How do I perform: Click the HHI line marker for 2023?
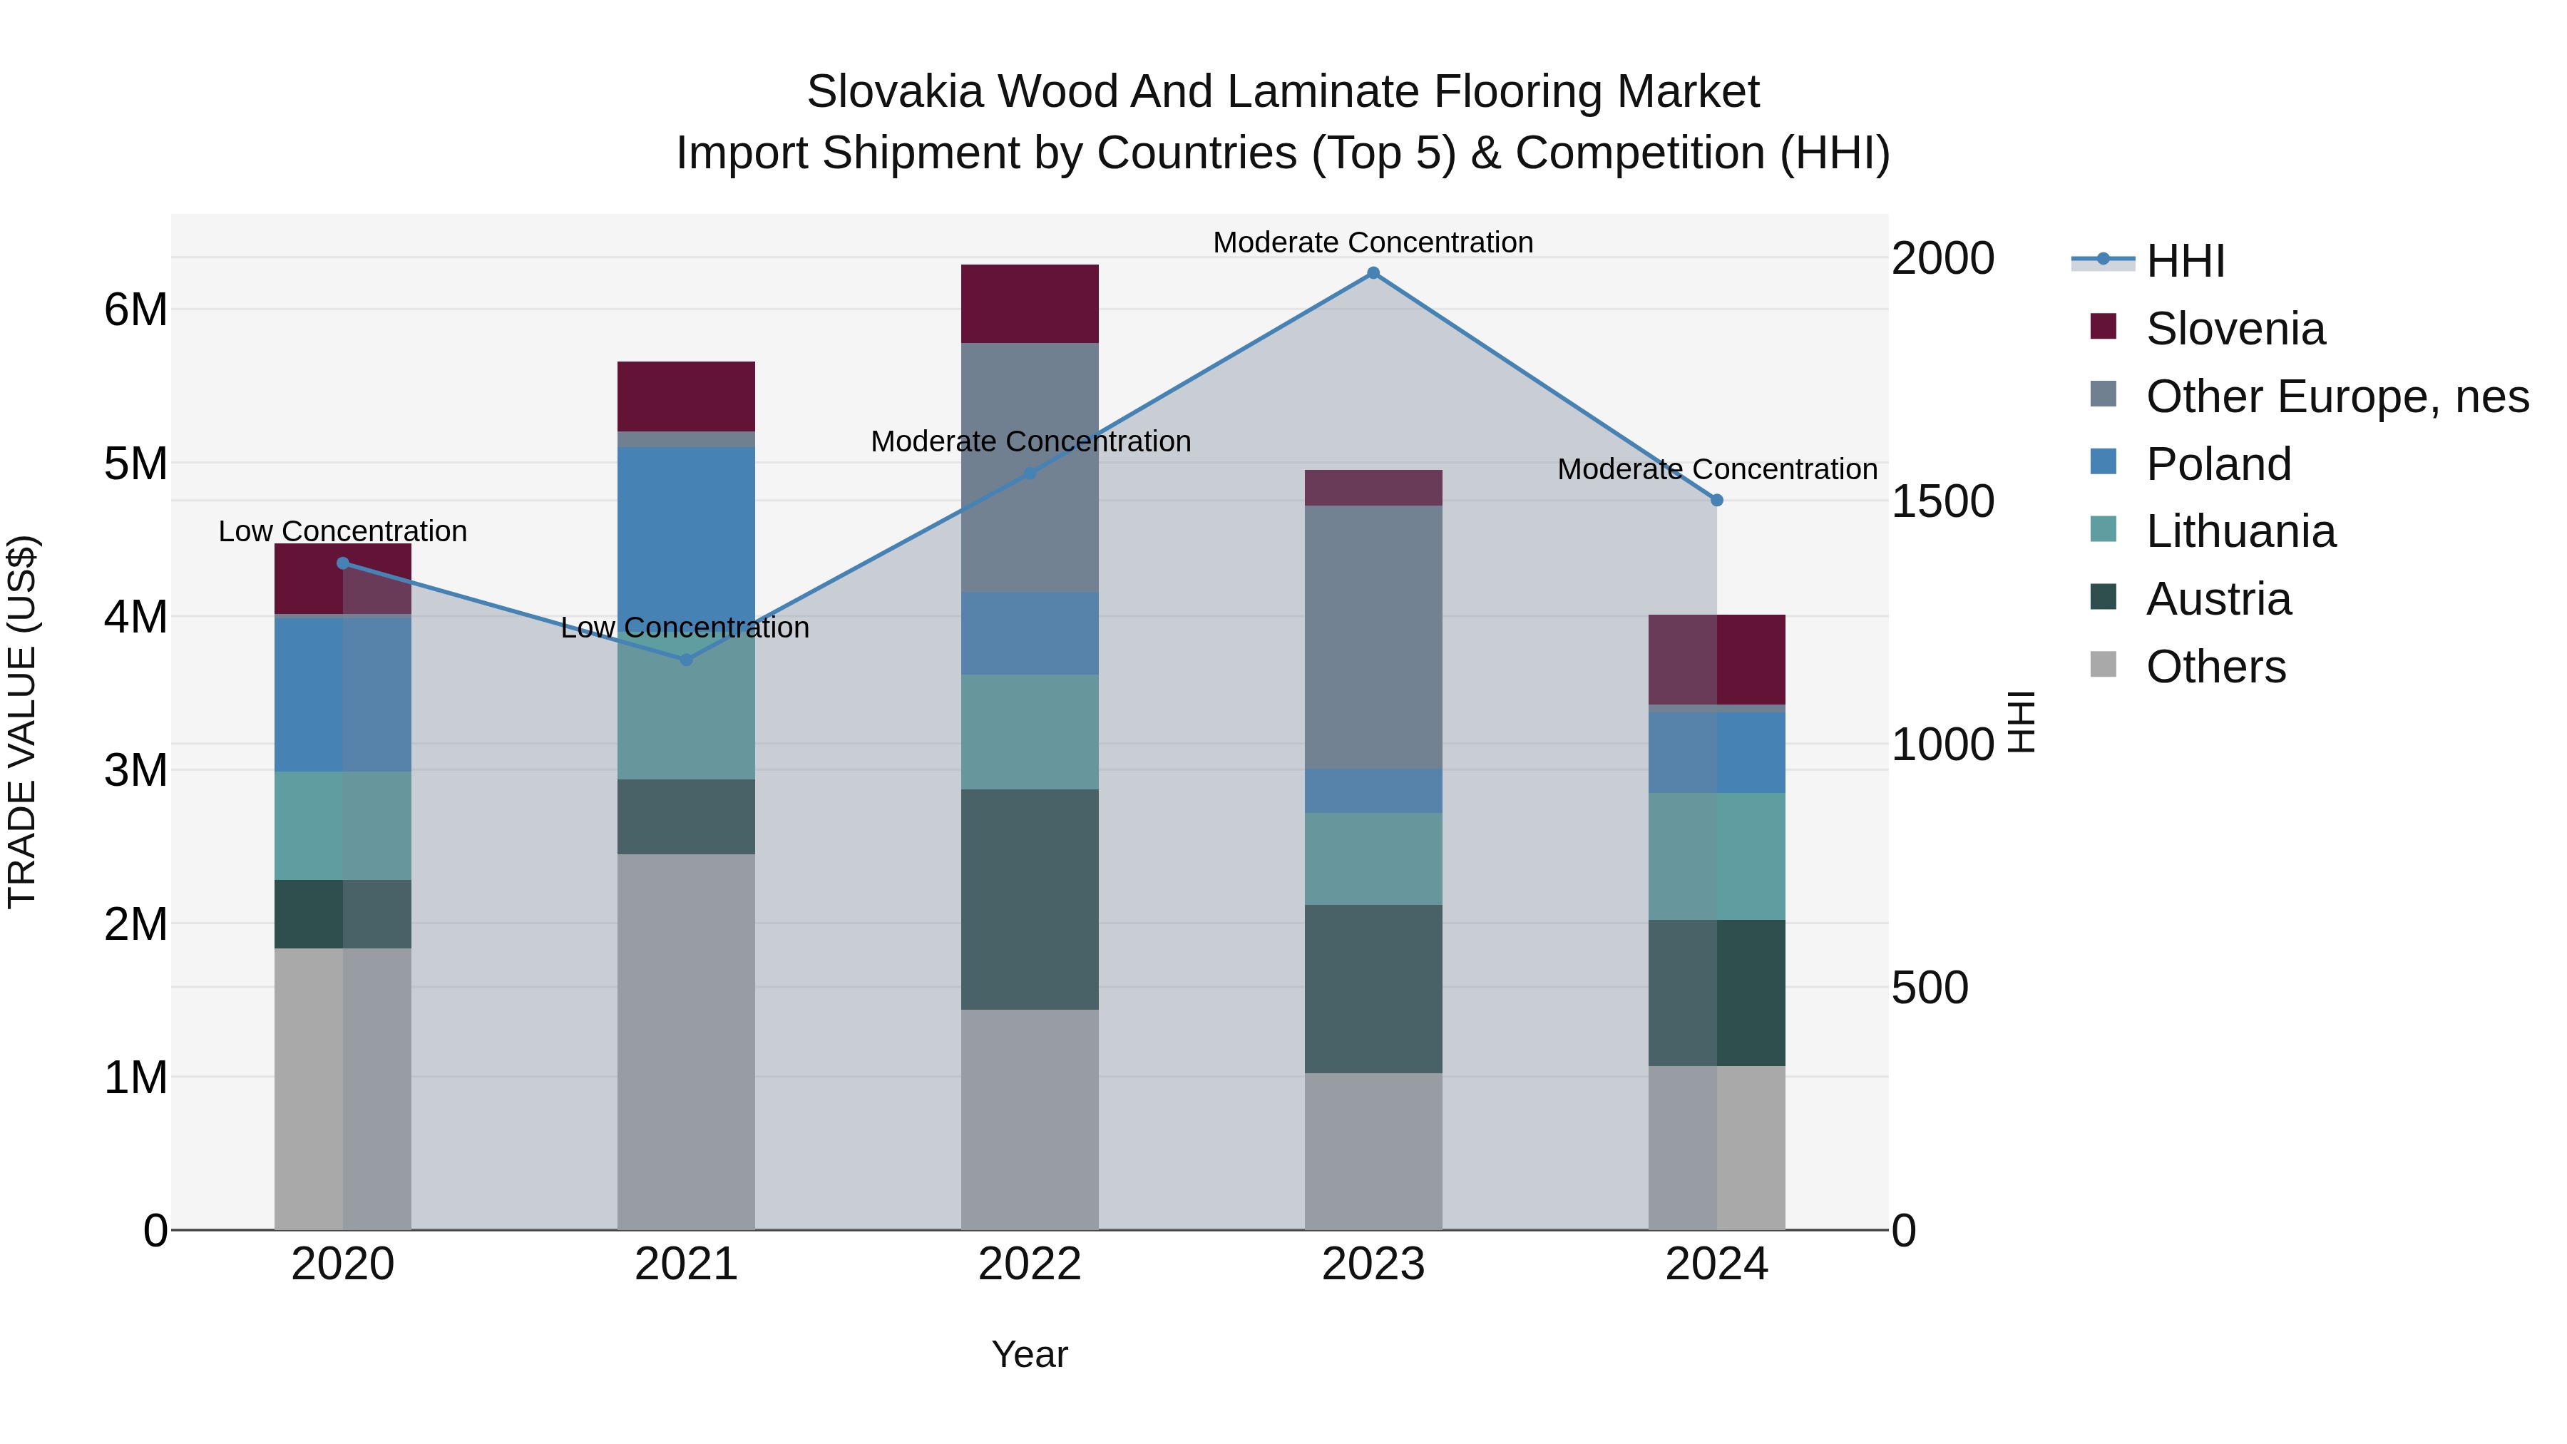coord(1373,273)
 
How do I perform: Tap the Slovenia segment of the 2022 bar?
coord(1030,304)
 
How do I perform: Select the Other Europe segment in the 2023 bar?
coord(1373,637)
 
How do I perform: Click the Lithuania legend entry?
coord(2240,531)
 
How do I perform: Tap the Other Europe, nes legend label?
coord(2337,396)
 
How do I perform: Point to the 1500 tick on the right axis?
coord(1942,501)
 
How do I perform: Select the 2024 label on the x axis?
coord(1716,1264)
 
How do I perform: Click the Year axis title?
coord(1030,1354)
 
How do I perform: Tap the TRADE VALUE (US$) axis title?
coord(22,722)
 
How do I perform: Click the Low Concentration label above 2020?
coord(343,531)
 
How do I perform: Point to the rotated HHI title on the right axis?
coord(2021,722)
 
